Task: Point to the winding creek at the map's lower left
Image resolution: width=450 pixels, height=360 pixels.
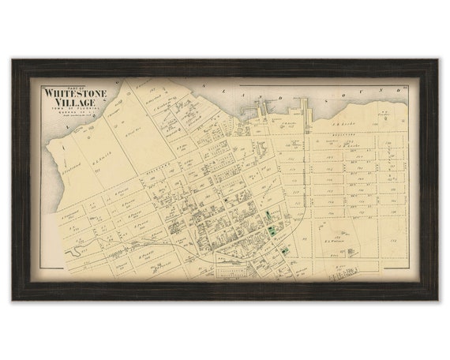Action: (79, 251)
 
